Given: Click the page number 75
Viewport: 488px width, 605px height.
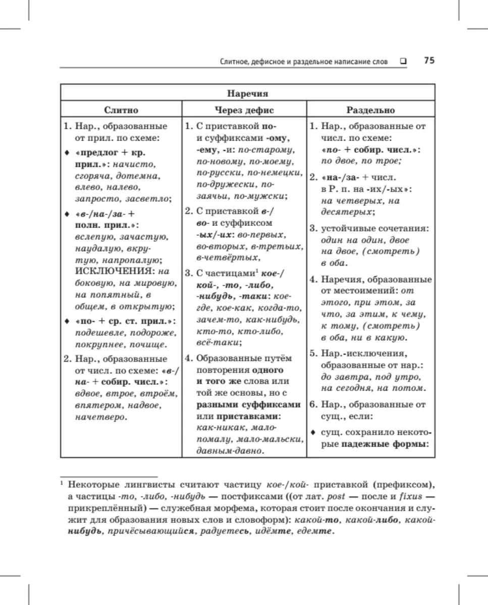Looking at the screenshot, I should click(x=429, y=60).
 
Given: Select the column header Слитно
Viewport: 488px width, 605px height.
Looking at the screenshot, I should click(x=121, y=110).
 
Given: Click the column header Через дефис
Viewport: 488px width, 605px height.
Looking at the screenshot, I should click(x=244, y=110).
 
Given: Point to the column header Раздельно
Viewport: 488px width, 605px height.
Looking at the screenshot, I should click(x=370, y=110).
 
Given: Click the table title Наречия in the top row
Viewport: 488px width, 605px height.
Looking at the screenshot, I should click(x=247, y=93).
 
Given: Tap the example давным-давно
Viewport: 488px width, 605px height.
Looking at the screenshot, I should click(x=230, y=451).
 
